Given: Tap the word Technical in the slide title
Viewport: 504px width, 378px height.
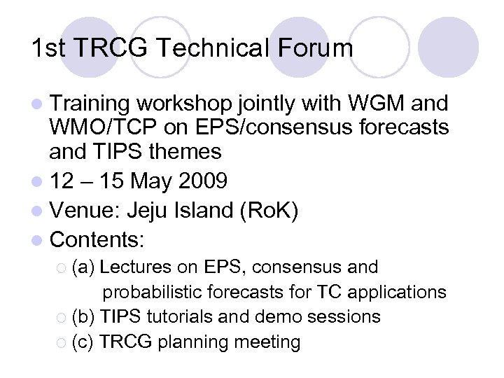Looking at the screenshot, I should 213,48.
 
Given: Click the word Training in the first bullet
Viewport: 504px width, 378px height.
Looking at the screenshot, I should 90,104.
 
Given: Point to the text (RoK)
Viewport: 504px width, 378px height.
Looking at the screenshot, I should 269,211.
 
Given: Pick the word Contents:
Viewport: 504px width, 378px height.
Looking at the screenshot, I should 97,240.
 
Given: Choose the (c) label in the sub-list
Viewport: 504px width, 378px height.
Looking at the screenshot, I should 83,342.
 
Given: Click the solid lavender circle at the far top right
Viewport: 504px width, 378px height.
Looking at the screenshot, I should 452,43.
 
